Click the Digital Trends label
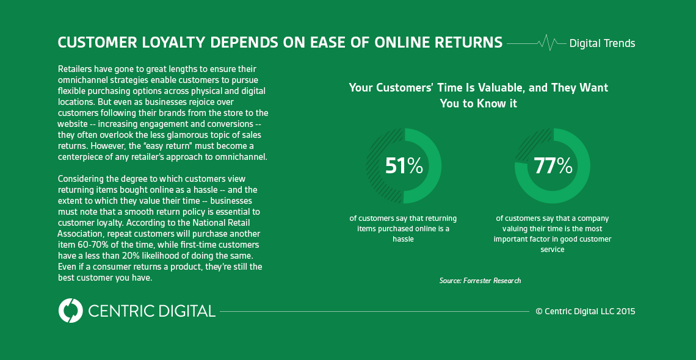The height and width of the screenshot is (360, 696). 602,43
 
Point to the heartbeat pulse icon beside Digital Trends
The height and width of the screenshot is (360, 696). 548,43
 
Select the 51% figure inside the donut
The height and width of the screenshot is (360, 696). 404,165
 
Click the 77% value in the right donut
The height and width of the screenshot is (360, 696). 553,165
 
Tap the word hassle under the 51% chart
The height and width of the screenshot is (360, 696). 403,239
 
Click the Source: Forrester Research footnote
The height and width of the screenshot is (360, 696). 480,281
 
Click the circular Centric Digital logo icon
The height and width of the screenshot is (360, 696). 70,311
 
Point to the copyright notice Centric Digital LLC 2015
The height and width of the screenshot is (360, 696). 585,311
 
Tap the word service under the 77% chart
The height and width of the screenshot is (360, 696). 553,249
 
